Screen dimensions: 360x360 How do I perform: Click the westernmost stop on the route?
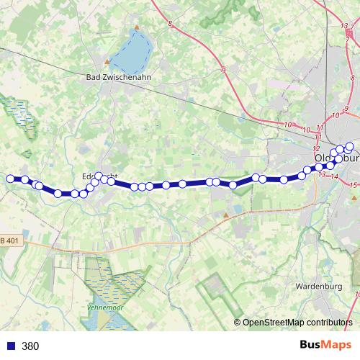pyautogui.click(x=10, y=179)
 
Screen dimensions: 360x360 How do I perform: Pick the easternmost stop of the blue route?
pyautogui.click(x=349, y=147)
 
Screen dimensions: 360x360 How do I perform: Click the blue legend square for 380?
pyautogui.click(x=11, y=346)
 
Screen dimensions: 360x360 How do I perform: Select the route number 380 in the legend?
pyautogui.click(x=30, y=346)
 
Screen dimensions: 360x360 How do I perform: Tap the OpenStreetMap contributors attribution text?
pyautogui.click(x=297, y=322)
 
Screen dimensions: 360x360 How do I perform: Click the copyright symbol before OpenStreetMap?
pyautogui.click(x=238, y=322)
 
